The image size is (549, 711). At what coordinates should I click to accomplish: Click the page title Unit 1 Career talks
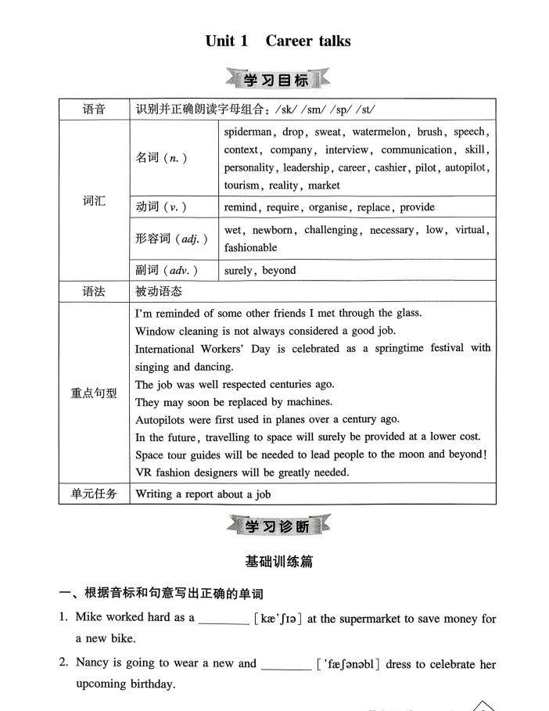278,41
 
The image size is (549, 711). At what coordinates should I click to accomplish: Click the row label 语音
94,110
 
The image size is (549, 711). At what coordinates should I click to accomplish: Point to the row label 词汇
94,201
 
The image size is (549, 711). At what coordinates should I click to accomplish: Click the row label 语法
94,291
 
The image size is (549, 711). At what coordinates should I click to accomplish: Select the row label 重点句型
94,393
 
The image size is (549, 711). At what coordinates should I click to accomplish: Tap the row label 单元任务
94,494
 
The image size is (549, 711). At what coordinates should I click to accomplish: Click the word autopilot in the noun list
468,167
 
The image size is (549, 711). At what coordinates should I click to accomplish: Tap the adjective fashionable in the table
250,247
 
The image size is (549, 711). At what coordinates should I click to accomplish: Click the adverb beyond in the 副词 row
279,271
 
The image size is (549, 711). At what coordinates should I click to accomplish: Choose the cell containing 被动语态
159,291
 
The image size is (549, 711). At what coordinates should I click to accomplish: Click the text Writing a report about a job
203,494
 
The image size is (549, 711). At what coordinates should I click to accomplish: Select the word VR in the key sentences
145,472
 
